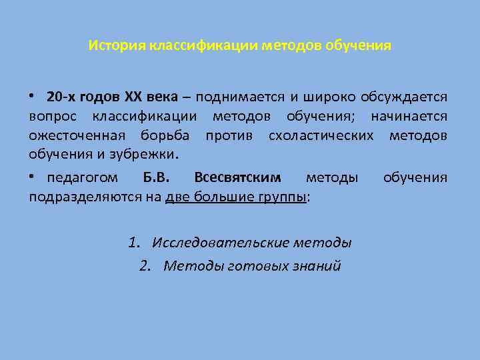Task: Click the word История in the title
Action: (117, 47)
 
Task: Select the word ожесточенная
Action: (77, 136)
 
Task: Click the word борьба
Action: (165, 136)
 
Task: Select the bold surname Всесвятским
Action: (237, 178)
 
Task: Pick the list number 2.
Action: (145, 266)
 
